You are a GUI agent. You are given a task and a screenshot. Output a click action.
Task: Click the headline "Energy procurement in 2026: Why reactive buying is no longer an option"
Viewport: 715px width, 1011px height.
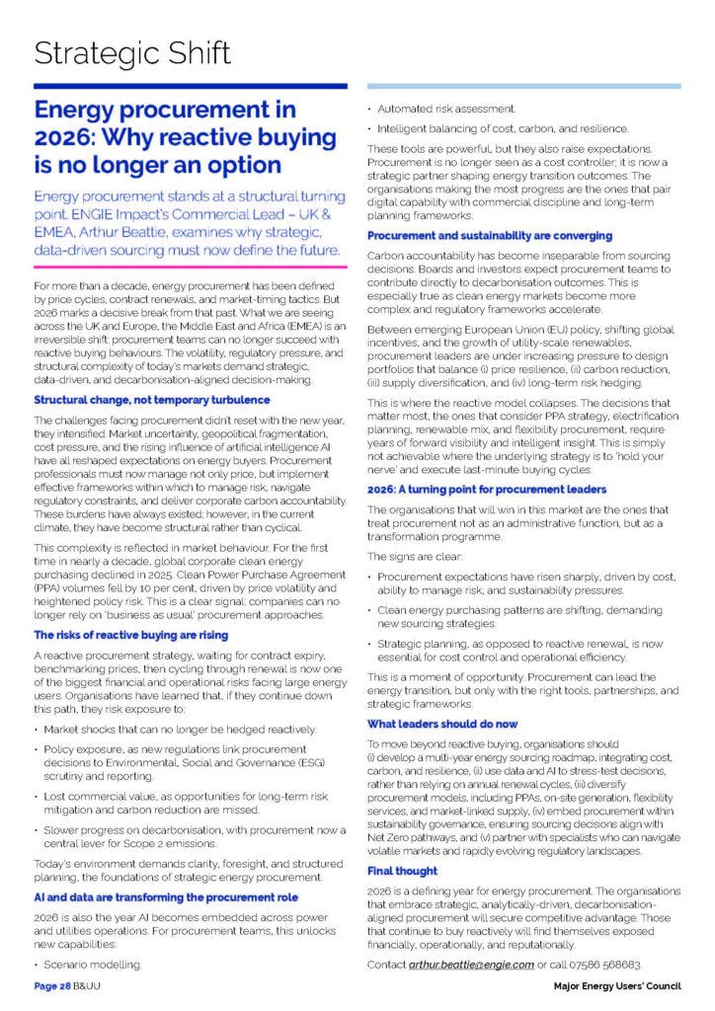[158, 135]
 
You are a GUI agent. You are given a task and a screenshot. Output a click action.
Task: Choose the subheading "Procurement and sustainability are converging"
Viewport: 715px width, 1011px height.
[490, 236]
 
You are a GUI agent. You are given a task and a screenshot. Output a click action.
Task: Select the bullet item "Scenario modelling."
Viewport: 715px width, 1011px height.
[92, 961]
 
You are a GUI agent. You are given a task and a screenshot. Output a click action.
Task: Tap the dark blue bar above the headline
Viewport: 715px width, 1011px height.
[191, 87]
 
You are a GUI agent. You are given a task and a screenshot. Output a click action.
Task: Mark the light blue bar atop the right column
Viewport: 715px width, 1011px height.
[523, 87]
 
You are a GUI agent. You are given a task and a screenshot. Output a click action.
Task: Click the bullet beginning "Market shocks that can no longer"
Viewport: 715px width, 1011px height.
[181, 729]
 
